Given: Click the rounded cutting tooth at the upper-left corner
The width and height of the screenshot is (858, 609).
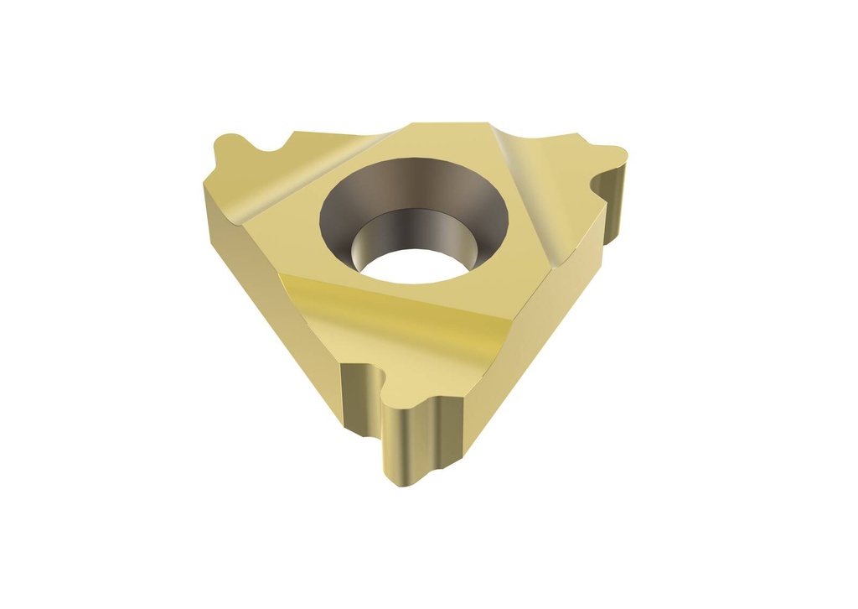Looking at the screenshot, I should [228, 148].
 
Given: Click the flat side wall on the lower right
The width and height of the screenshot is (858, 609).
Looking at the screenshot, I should [536, 336].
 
